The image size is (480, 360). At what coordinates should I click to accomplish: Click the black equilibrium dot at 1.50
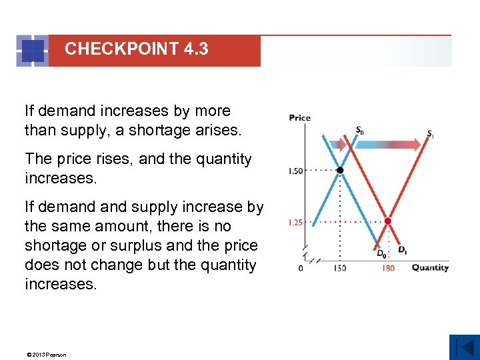click(340, 171)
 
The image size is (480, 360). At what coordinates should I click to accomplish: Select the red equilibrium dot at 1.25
click(388, 221)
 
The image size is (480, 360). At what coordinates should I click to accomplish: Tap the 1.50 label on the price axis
click(295, 171)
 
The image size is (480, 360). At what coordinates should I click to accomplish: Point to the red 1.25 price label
click(295, 223)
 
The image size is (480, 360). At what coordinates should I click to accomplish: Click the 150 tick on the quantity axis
click(340, 268)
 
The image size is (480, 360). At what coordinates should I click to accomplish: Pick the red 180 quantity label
click(388, 268)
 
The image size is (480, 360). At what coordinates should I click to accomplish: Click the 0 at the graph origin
click(301, 268)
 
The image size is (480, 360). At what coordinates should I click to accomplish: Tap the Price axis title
click(299, 118)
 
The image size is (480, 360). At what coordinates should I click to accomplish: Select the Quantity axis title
click(430, 268)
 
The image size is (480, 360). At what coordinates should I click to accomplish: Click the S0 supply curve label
click(359, 131)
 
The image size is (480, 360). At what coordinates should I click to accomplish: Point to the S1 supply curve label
click(430, 133)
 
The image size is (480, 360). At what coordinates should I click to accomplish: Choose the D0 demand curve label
click(381, 253)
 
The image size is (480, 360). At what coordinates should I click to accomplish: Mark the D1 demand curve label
click(403, 250)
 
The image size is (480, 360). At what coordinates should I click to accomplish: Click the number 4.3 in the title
click(194, 49)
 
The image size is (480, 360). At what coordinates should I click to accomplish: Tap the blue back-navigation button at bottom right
click(464, 347)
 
